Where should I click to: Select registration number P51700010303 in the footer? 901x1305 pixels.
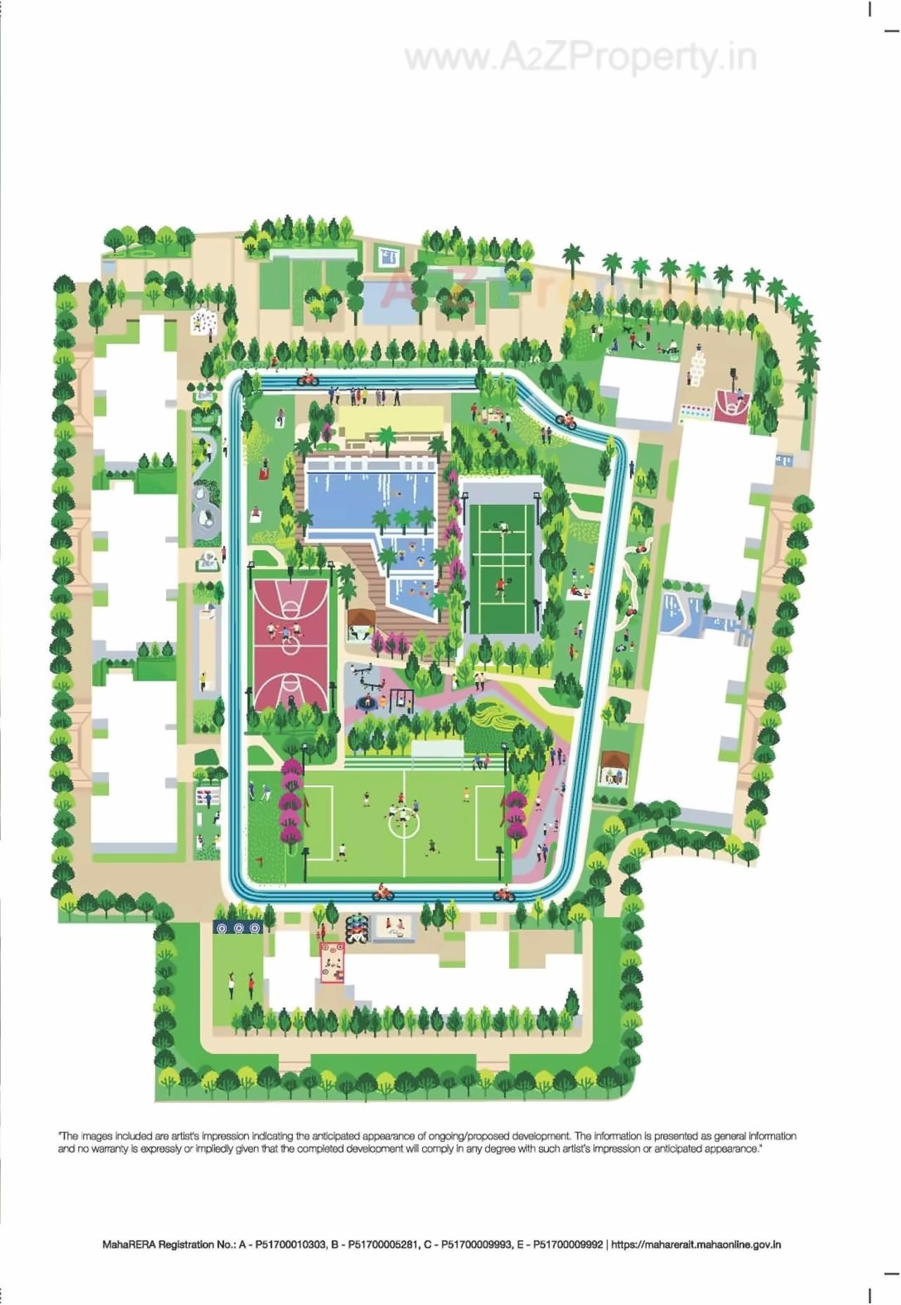[x=291, y=1244]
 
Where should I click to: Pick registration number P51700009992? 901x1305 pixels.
[x=567, y=1244]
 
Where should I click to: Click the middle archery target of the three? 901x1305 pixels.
[x=239, y=928]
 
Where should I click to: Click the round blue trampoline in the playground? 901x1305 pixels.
[x=367, y=702]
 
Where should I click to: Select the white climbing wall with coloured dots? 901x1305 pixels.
[x=203, y=322]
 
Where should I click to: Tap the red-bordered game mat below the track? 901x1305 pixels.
[x=332, y=962]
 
